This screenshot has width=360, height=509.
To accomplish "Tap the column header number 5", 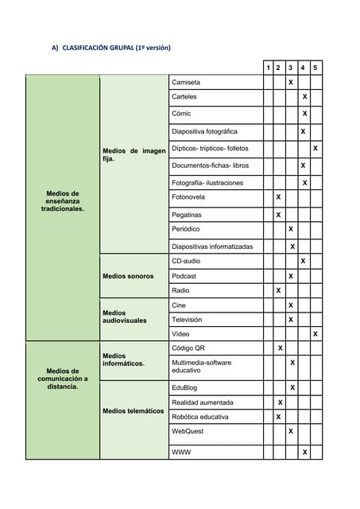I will coord(315,68).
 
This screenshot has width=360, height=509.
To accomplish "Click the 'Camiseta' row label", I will coord(186,82).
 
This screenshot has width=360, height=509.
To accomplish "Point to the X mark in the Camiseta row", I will coord(291,82).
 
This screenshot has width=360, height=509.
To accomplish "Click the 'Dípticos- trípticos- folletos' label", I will coord(210,149).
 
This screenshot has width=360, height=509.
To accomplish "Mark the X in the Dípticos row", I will coord(315,149).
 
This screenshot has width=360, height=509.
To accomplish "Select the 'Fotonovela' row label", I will coord(188,196).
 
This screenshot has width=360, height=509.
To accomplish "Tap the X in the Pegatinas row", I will coord(278,215).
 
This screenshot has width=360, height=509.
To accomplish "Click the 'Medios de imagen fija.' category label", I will coord(134,154).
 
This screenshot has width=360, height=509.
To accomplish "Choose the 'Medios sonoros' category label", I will coord(128,276).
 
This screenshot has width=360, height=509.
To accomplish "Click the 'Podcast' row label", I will coord(184,276).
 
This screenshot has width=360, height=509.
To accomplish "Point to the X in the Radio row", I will coord(278,290).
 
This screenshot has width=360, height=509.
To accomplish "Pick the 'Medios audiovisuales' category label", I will coord(125,317).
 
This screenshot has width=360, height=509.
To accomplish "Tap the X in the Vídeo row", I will coord(315,334).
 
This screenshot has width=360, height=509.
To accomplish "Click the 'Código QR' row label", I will coord(188,348).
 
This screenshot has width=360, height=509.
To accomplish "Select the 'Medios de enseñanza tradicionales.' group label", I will coord(63,201).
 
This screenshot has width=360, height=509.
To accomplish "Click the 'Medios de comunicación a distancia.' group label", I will coord(63,379).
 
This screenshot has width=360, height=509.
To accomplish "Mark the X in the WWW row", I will coord(304,453).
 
